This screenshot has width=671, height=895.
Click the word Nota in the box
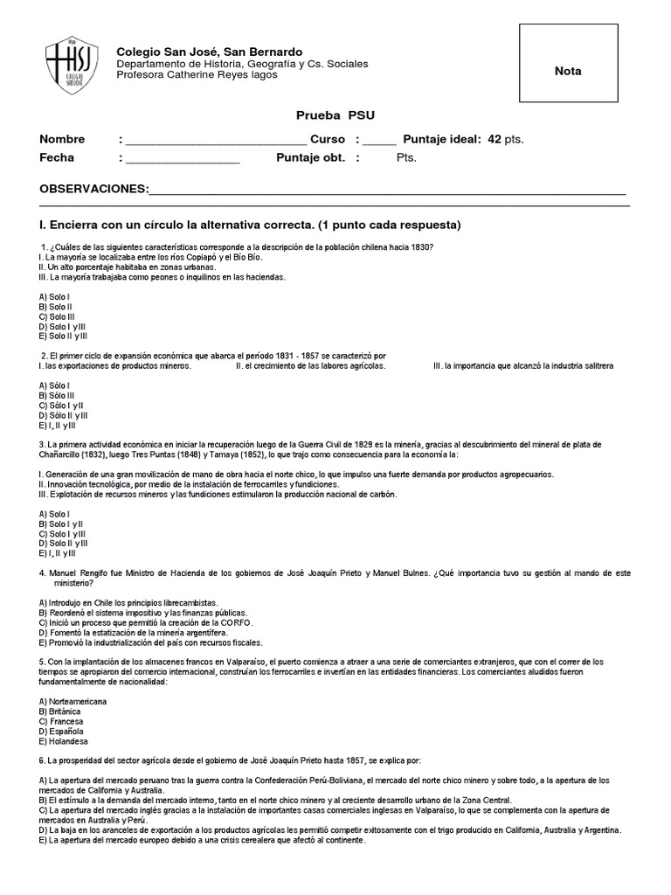coord(567,71)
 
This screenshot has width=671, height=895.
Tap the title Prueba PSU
coord(335,115)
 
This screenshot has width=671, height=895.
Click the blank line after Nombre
coord(216,141)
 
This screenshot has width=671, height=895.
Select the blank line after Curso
coord(379,141)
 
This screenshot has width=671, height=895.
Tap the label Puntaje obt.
coord(310,158)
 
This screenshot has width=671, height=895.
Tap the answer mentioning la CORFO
coord(147,622)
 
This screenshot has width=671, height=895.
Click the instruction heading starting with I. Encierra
coord(250,225)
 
